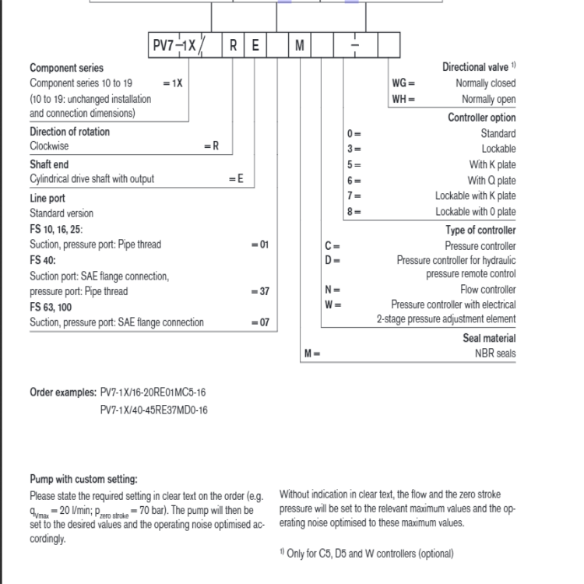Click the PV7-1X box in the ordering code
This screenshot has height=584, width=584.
pyautogui.click(x=175, y=46)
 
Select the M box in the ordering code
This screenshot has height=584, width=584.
pyautogui.click(x=300, y=46)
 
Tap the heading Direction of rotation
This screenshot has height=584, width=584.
pyautogui.click(x=70, y=131)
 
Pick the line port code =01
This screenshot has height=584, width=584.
pyautogui.click(x=259, y=245)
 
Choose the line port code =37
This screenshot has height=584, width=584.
pyautogui.click(x=259, y=291)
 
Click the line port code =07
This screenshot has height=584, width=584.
pyautogui.click(x=259, y=322)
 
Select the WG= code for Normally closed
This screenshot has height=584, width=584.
pyautogui.click(x=403, y=83)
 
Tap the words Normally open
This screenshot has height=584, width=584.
pyautogui.click(x=488, y=99)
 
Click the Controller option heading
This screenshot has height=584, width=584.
pyautogui.click(x=481, y=118)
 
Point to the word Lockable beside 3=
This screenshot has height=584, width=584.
pyautogui.click(x=498, y=149)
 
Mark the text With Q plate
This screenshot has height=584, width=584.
pyautogui.click(x=492, y=180)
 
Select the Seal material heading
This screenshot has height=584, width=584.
pyautogui.click(x=487, y=338)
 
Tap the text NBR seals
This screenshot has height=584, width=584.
pyautogui.click(x=495, y=354)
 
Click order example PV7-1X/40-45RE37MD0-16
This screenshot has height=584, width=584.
pyautogui.click(x=154, y=409)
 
